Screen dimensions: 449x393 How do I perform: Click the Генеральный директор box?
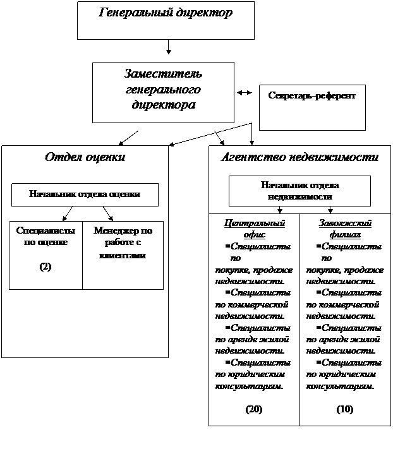[x=166, y=20]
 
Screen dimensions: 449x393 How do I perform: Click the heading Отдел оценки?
[x=85, y=157]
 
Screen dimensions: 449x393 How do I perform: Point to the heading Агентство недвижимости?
[x=299, y=157]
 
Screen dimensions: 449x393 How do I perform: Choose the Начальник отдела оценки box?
[x=85, y=195]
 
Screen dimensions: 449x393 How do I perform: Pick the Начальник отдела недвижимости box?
[x=299, y=191]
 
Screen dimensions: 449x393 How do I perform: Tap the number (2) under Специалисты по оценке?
[x=45, y=266]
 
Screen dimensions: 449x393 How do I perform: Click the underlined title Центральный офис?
[x=254, y=229]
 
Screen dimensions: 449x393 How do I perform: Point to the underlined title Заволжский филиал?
[x=345, y=229]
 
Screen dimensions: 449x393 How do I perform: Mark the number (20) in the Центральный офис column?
[x=254, y=409]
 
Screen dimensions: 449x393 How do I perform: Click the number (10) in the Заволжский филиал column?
[x=345, y=409]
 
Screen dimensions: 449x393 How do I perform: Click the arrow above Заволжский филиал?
[x=330, y=210]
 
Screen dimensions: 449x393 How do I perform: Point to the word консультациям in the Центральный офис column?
[x=249, y=386]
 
